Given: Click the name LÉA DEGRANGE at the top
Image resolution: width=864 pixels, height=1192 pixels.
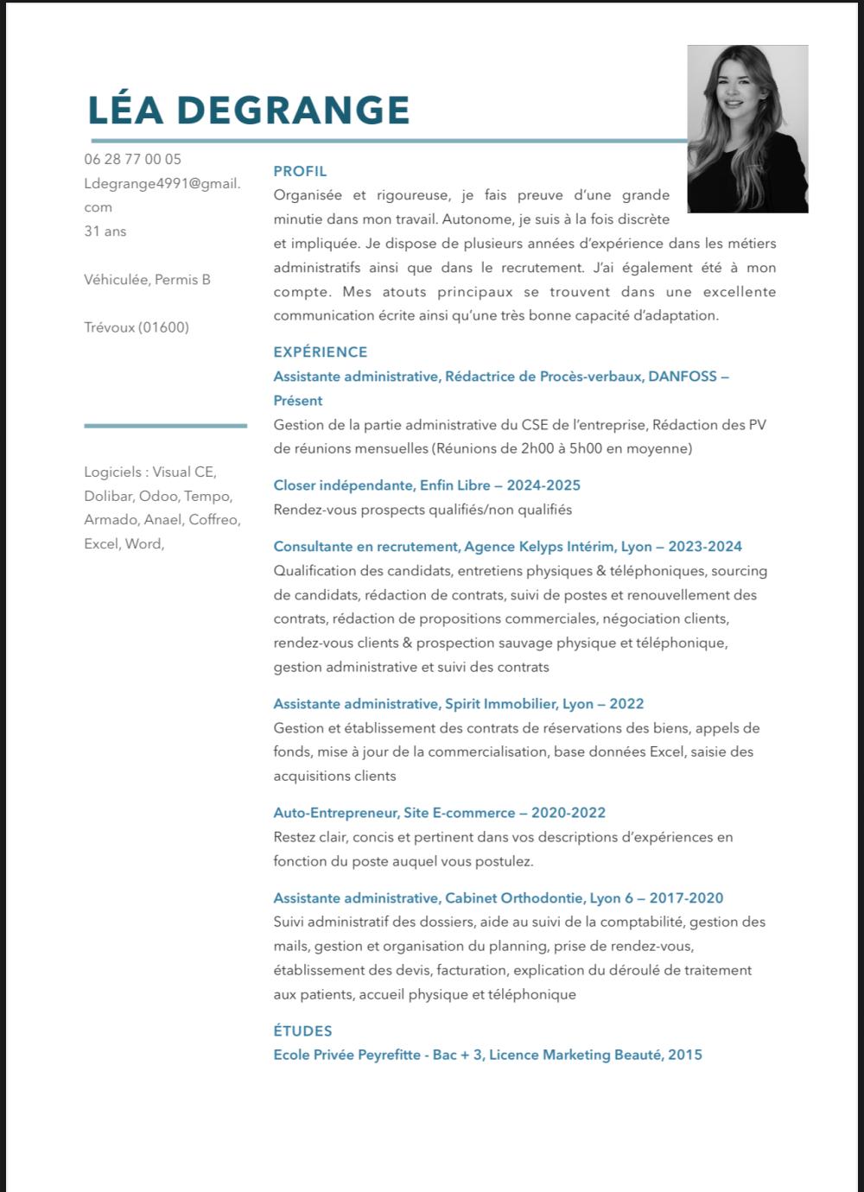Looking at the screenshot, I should [249, 111].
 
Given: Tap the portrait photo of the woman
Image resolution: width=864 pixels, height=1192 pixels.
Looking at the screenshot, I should [747, 129].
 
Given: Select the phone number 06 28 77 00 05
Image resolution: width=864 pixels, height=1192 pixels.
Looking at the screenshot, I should [133, 159].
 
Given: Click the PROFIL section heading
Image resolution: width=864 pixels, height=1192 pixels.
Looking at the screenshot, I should [300, 171].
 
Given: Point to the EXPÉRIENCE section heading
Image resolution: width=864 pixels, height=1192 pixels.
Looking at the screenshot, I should [321, 352].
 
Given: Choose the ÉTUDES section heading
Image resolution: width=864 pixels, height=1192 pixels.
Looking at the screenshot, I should [302, 1030].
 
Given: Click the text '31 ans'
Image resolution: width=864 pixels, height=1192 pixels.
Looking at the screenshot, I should [105, 231].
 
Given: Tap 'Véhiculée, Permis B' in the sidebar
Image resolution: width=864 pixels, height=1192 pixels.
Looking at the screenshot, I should [147, 279].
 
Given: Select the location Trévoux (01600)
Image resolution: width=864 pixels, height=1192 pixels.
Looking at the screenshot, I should [137, 327].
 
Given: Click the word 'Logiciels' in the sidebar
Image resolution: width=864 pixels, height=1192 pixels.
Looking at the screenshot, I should [112, 472].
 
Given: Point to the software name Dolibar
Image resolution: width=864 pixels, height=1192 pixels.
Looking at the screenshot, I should [107, 496].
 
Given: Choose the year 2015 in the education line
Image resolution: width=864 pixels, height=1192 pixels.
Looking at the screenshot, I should [685, 1054].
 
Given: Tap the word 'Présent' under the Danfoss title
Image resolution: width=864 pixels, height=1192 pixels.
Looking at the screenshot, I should [298, 400].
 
